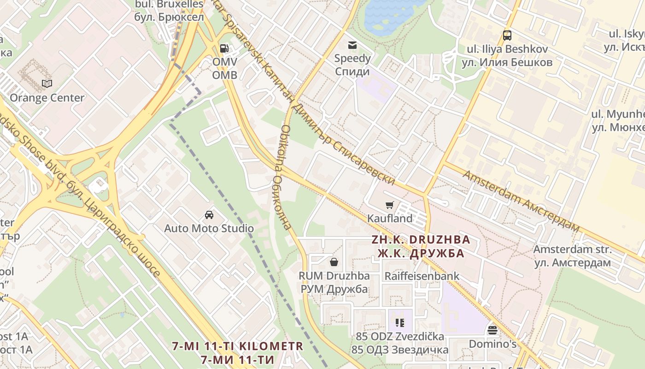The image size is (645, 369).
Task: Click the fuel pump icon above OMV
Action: coord(224,48)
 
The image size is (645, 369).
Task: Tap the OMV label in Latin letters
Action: coord(225,62)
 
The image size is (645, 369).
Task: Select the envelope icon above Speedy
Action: coord(352,45)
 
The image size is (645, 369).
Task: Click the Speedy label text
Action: coord(352,59)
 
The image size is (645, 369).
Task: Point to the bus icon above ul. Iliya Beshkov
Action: coord(507,36)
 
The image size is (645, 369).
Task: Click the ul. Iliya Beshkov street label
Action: coord(507,49)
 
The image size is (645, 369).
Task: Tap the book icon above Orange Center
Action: coord(47,84)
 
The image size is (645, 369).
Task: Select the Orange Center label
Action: coord(47,98)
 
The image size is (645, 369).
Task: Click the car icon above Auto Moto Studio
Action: coord(209,215)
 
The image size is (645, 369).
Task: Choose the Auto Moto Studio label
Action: coord(209,228)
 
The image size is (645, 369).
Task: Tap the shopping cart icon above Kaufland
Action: coord(390,205)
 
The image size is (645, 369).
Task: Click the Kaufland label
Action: coord(390,219)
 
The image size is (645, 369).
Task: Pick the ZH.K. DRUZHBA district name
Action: coord(421,240)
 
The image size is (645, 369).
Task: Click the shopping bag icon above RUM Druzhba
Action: coord(334,262)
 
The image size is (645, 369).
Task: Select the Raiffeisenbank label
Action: coord(422,276)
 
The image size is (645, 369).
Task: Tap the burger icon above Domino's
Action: coord(493,330)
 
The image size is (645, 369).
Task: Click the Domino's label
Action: coord(493,344)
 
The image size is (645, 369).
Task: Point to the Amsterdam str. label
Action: coord(573,250)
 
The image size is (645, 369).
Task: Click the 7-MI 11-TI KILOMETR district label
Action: coord(238,346)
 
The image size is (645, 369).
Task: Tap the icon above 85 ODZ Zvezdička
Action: coord(399,323)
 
